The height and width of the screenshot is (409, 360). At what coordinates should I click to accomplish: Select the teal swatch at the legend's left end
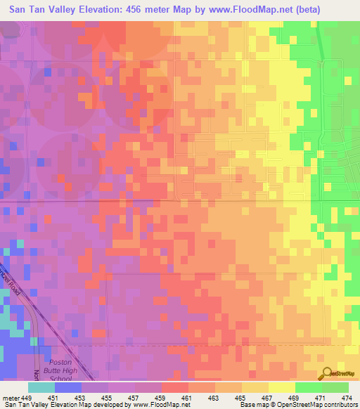pos(41,387)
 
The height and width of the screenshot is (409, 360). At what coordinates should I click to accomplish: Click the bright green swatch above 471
pos(308,387)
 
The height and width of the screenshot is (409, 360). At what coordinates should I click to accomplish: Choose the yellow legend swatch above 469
pos(281,387)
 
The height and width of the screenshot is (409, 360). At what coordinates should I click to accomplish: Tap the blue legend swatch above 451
pos(68,387)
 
